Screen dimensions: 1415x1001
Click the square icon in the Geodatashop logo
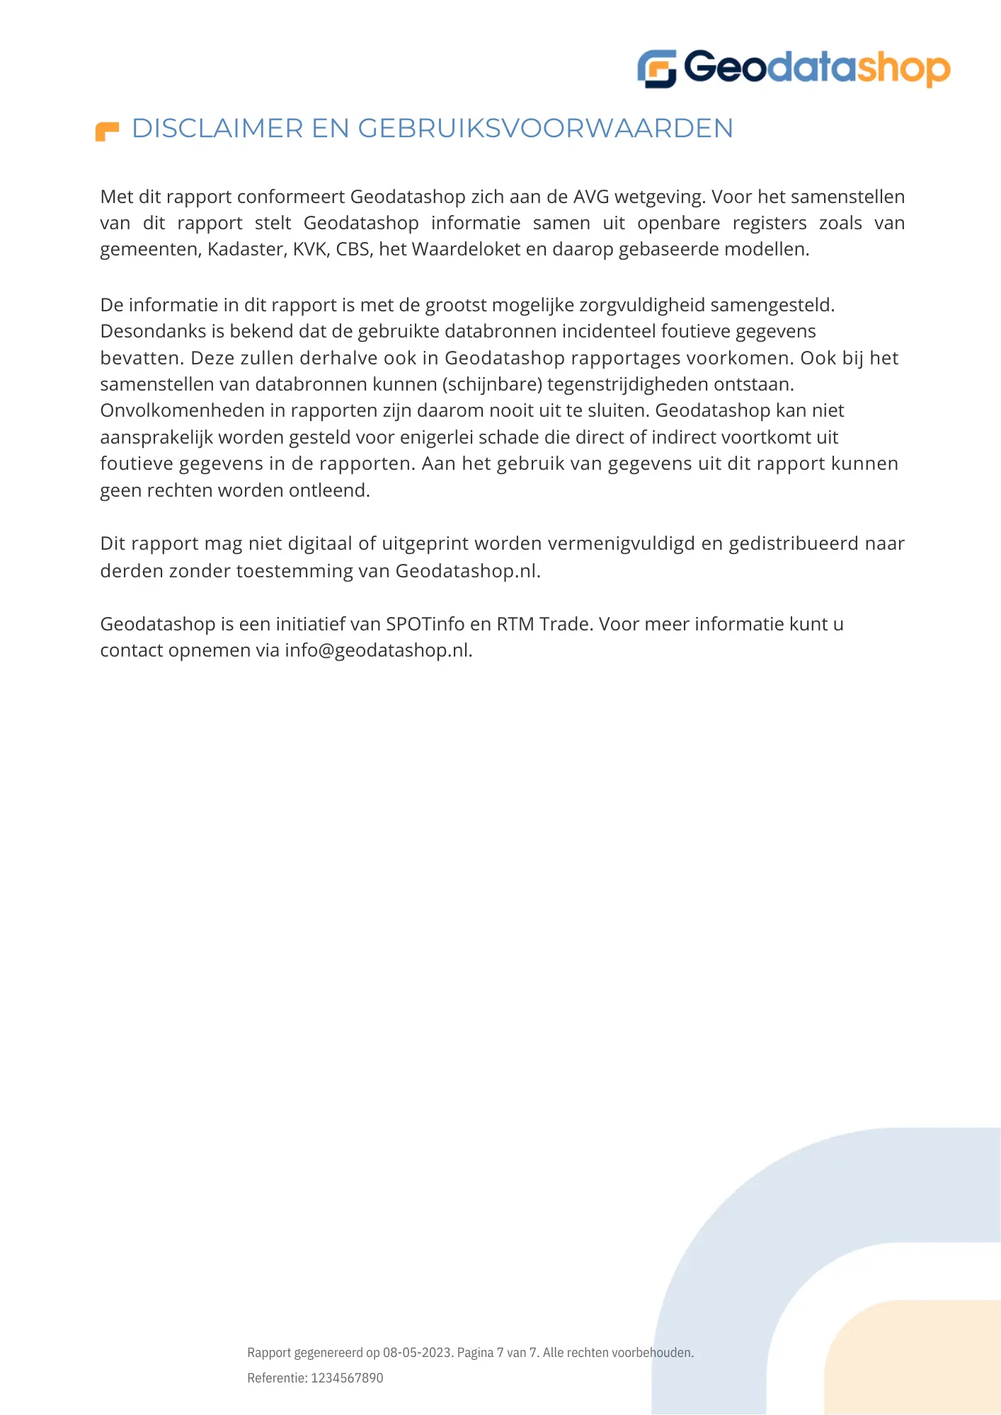[x=657, y=69]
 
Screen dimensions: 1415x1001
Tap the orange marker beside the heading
[x=107, y=132]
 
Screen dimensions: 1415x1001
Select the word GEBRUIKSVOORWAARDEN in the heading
[x=545, y=129]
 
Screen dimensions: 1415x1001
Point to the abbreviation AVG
[x=591, y=197]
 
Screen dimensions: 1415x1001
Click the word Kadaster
[x=246, y=250]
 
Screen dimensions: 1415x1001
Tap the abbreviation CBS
[x=353, y=250]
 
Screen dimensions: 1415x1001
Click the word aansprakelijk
[x=156, y=438]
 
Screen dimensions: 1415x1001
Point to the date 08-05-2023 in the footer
[x=417, y=1353]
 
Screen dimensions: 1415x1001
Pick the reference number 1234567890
[x=347, y=1378]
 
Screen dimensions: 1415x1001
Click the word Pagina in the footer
[x=475, y=1353]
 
